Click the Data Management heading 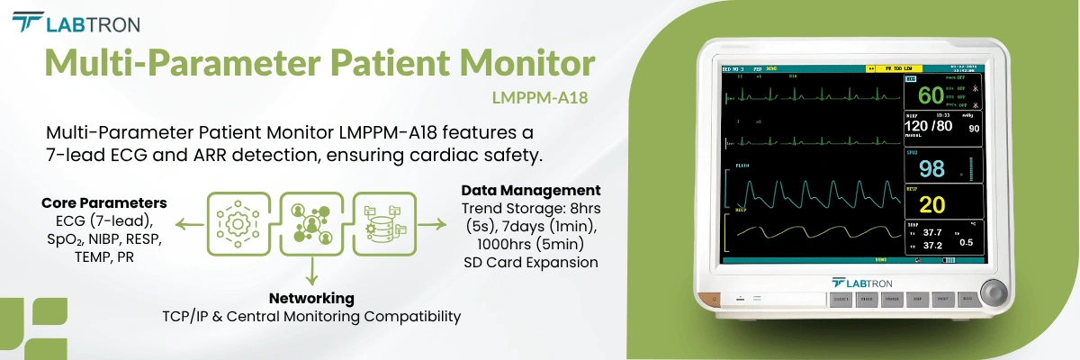[x=531, y=190]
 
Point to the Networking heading [x=311, y=298]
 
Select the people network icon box [x=311, y=221]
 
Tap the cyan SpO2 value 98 [x=931, y=168]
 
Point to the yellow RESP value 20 [x=931, y=204]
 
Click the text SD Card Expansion [x=531, y=263]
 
